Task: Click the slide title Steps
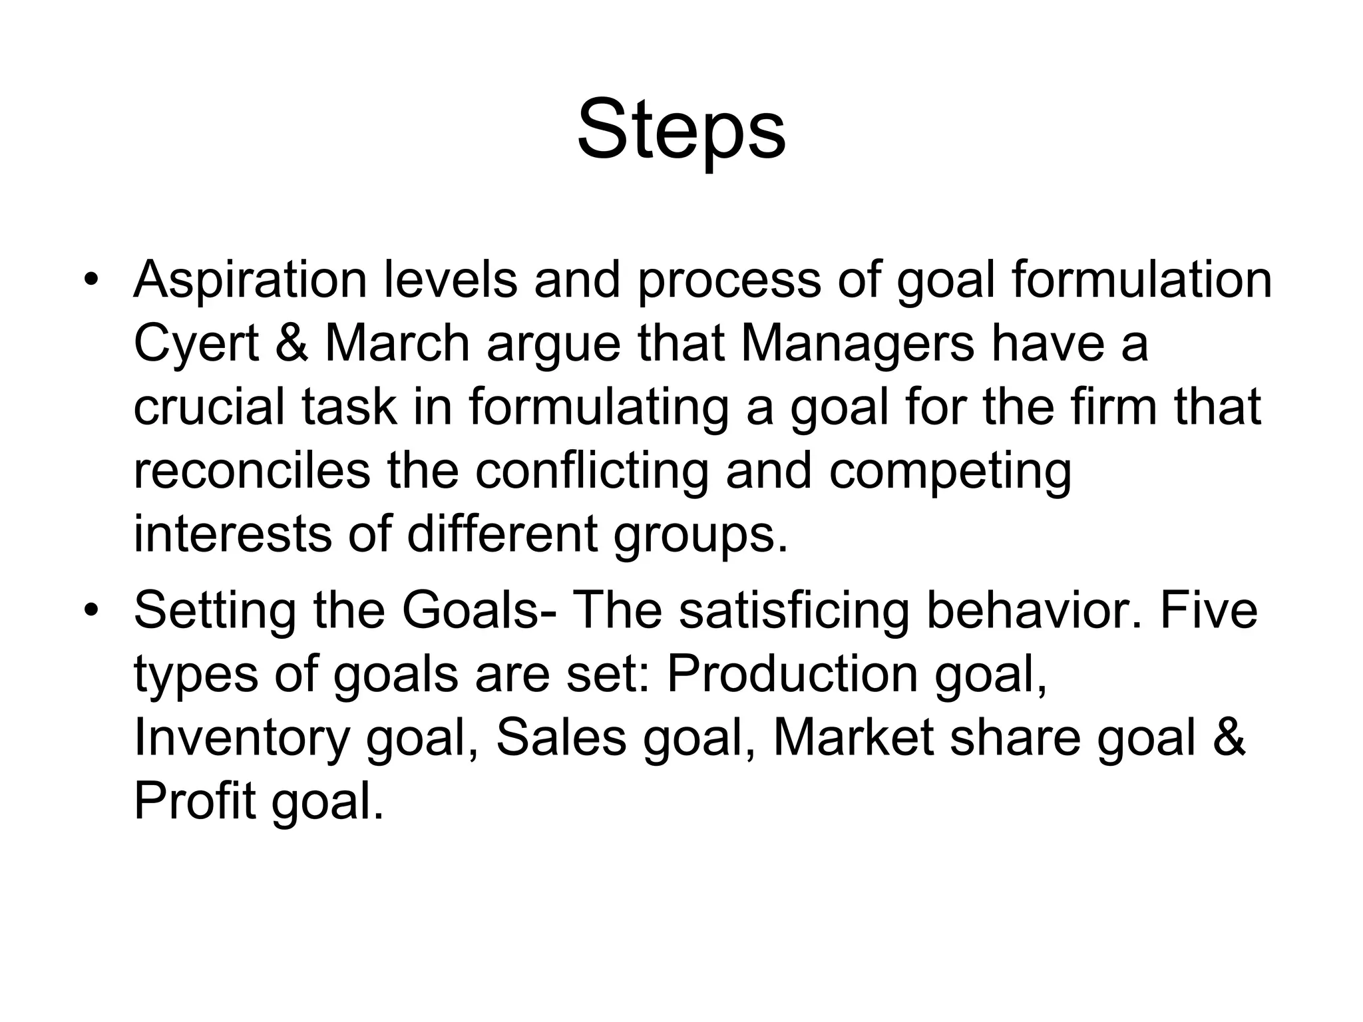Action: click(681, 130)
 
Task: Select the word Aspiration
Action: click(250, 279)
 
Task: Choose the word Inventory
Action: click(242, 739)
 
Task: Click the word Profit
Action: click(194, 801)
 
